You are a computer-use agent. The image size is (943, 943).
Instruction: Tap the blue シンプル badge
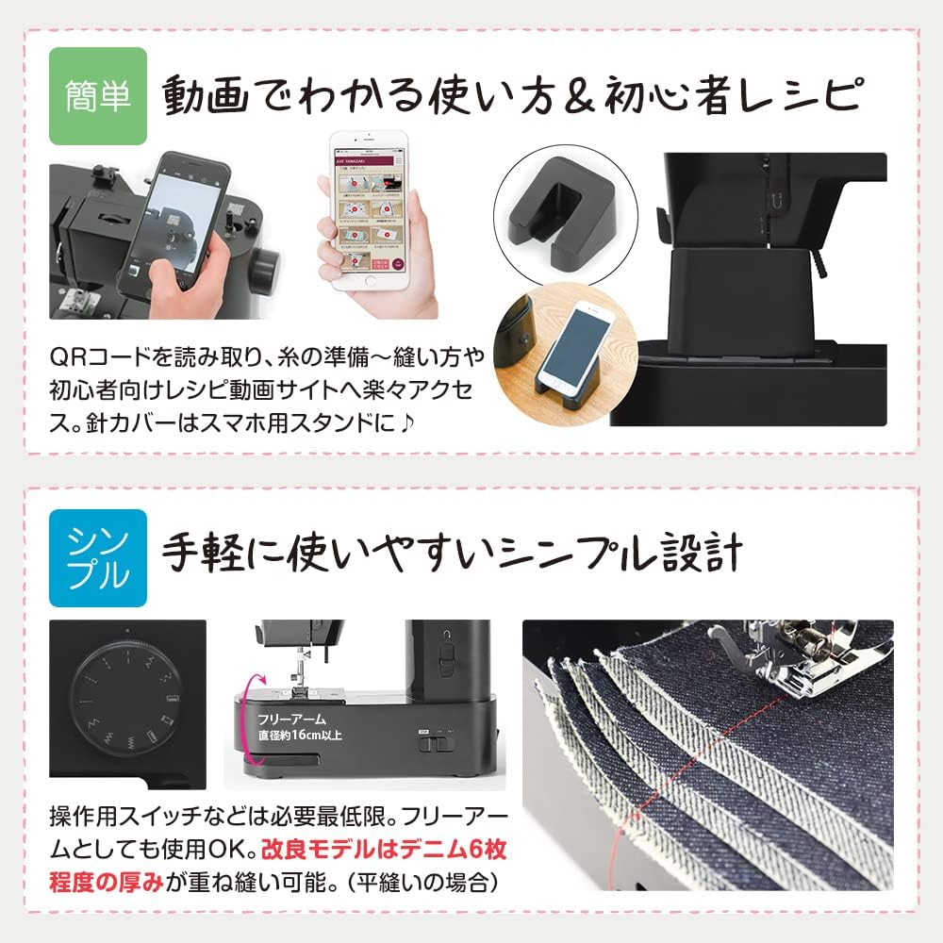pyautogui.click(x=99, y=553)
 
